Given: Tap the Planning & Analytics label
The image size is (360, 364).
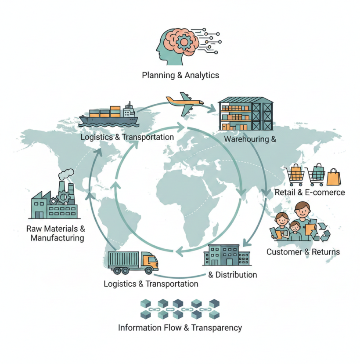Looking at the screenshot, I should pyautogui.click(x=180, y=75).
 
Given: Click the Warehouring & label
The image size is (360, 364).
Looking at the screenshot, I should pyautogui.click(x=250, y=140).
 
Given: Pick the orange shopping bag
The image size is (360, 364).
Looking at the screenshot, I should pyautogui.click(x=333, y=177).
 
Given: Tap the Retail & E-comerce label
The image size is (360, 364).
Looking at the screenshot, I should pyautogui.click(x=310, y=193).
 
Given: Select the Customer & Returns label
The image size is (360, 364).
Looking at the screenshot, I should pyautogui.click(x=303, y=252).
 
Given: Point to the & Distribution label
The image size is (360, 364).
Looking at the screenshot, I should pyautogui.click(x=233, y=275).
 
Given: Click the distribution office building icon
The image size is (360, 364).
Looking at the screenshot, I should pyautogui.click(x=226, y=255).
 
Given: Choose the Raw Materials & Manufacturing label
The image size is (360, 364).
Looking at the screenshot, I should pyautogui.click(x=55, y=233).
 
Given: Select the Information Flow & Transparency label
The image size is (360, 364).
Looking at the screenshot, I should pyautogui.click(x=180, y=328).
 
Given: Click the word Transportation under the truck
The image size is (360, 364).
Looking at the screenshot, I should pyautogui.click(x=172, y=284).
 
